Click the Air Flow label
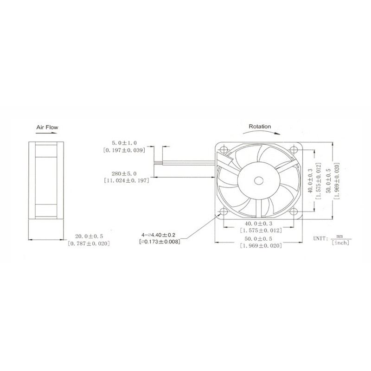pos(47,127)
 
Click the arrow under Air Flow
pos(46,133)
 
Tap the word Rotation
pos(260,127)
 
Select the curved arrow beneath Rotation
pos(261,132)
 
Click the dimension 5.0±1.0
pos(124,143)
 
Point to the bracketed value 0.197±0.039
pos(124,150)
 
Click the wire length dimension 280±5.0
pos(124,173)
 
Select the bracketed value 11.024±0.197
pos(127,180)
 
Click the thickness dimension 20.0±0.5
pos(89,236)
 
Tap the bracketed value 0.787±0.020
pos(89,243)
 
